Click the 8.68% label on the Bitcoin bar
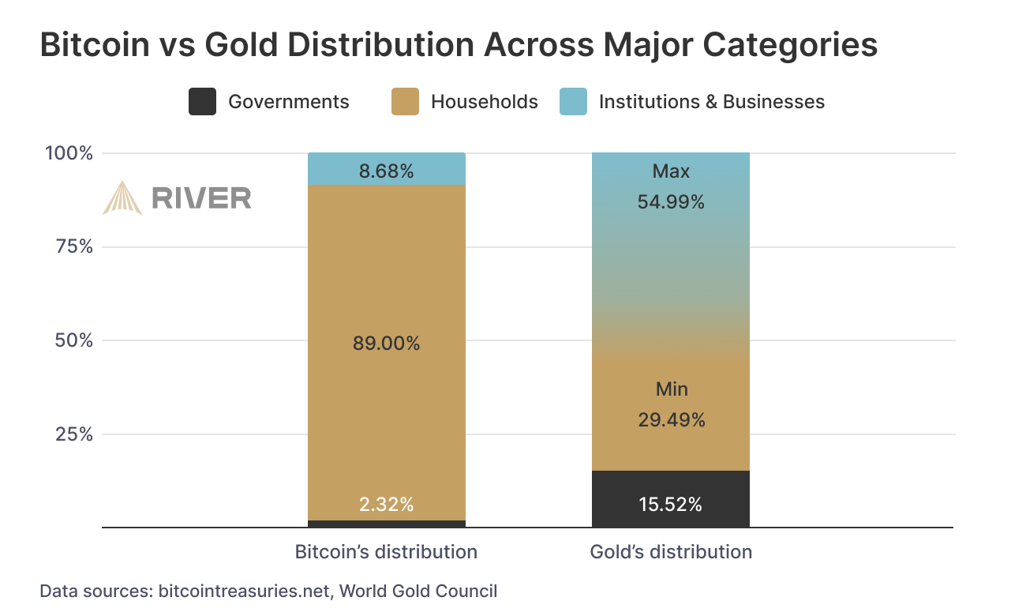pos(386,171)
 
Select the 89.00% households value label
pos(386,344)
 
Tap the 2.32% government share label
pos(386,505)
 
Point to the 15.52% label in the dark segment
pos(671,505)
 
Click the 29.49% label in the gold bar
pos(671,420)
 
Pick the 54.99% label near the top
pos(671,202)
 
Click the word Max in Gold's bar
pos(671,171)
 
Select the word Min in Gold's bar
pos(672,389)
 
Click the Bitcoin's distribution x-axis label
pos(386,551)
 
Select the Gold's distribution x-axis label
pos(671,551)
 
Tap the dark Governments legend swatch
pos(202,102)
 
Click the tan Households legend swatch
pos(405,102)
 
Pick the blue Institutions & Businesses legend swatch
pos(573,102)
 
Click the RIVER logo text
pos(201,198)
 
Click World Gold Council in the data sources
pos(419,591)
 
